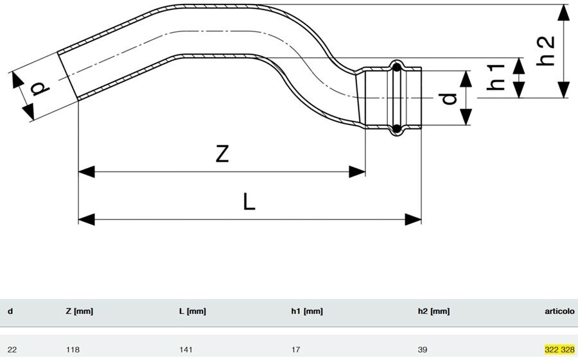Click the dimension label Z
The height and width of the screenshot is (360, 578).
[x=222, y=153]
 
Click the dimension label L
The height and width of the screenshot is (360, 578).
[x=249, y=202]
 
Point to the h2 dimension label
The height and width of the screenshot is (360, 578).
[x=545, y=51]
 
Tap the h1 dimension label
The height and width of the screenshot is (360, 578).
[x=495, y=76]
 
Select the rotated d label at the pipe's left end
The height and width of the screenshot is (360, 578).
[x=40, y=89]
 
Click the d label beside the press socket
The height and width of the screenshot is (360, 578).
[x=448, y=98]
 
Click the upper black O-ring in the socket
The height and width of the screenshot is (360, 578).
[x=397, y=67]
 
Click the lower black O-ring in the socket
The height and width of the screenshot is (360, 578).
[x=397, y=128]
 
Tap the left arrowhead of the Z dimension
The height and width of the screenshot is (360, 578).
[x=87, y=172]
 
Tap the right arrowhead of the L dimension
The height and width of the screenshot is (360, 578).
[x=413, y=219]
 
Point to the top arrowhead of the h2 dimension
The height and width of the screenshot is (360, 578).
[x=563, y=13]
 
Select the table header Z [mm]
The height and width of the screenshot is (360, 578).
[x=79, y=311]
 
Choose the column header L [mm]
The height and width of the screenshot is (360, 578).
[x=193, y=311]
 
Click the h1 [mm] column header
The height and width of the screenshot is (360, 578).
[x=307, y=311]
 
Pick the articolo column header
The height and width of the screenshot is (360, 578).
[x=559, y=311]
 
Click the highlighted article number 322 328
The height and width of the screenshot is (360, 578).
[x=559, y=349]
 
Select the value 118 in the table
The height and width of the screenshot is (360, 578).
[x=73, y=349]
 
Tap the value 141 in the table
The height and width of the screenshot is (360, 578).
[x=186, y=349]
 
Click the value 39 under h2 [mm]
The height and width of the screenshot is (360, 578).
[x=423, y=349]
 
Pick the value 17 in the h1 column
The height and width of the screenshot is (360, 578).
[x=295, y=349]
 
